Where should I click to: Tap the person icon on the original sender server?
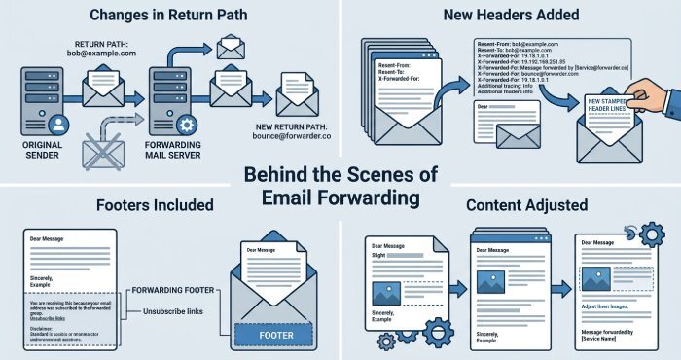click(56, 124)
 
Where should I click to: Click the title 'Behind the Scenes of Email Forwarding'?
click(340, 187)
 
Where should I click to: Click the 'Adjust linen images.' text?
click(614, 306)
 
